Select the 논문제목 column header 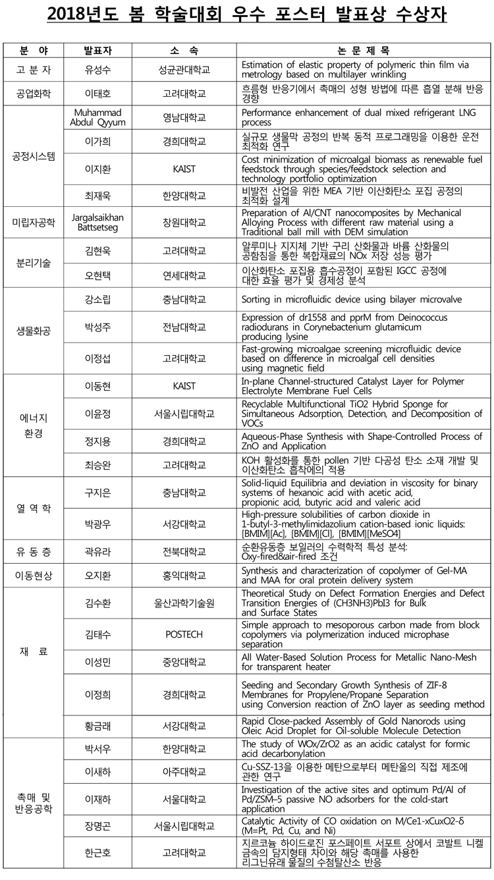362,50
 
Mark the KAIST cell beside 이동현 184,385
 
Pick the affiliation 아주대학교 184,771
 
